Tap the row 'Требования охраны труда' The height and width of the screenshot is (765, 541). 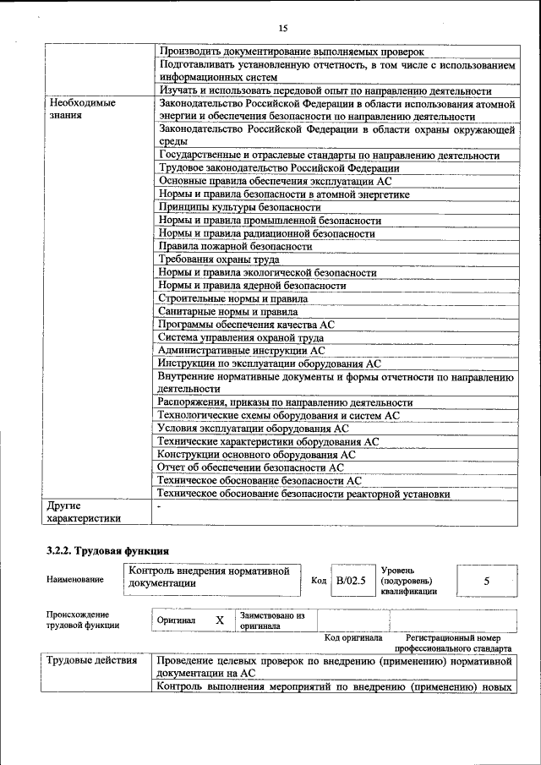(219, 260)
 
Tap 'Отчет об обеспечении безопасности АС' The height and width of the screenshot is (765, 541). (251, 467)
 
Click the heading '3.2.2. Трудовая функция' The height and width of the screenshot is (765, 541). (101, 551)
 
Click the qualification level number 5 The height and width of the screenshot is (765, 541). (486, 582)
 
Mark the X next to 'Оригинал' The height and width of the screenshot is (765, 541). (219, 620)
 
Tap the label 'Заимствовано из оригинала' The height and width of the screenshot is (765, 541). (271, 620)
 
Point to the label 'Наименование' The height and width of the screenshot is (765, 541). (75, 580)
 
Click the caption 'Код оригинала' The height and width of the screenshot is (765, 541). (353, 638)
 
